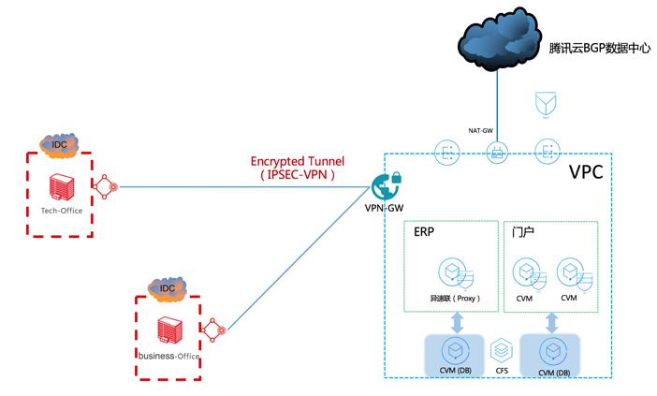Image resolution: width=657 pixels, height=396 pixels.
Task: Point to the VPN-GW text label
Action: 382,208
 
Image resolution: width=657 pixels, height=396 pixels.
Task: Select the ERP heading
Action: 425,230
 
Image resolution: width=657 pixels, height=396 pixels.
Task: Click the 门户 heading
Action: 523,230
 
